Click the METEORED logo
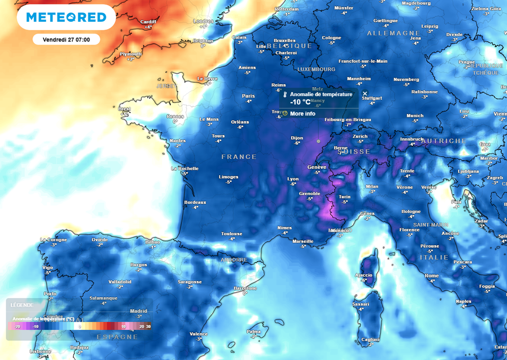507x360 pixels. pos(66,17)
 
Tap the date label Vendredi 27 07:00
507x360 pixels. pos(66,39)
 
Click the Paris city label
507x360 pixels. pos(249,96)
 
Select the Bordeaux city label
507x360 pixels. pos(195,202)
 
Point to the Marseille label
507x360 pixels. pos(303,241)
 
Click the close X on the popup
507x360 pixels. pos(365,93)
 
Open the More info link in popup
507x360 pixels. pos(303,113)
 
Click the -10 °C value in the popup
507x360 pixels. pos(300,102)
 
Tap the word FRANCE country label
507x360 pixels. pos(239,156)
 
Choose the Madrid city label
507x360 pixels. pos(138,311)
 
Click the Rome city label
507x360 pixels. pos(432,275)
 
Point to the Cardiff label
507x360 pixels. pos(148,21)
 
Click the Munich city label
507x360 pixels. pos(415,115)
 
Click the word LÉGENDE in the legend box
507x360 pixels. pos(22,305)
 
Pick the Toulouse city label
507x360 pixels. pos(232,233)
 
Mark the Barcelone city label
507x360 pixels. pos(246,288)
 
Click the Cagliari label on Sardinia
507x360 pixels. pos(370,339)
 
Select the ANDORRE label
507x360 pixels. pos(234,259)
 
